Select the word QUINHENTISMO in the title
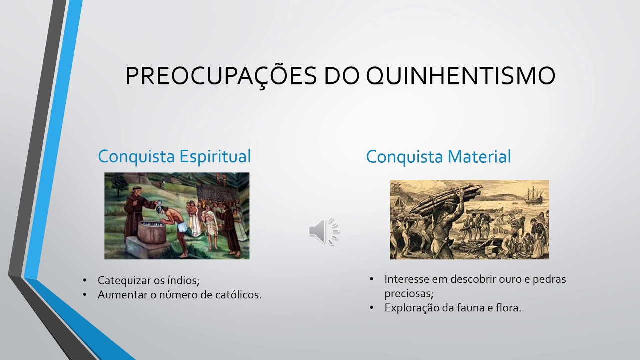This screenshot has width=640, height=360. (x=460, y=76)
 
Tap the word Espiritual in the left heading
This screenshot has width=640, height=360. (x=215, y=156)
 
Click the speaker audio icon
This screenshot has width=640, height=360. (x=323, y=231)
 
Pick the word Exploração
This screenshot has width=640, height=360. (x=412, y=308)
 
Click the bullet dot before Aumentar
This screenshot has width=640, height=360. (x=85, y=295)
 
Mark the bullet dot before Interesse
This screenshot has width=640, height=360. (x=372, y=279)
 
